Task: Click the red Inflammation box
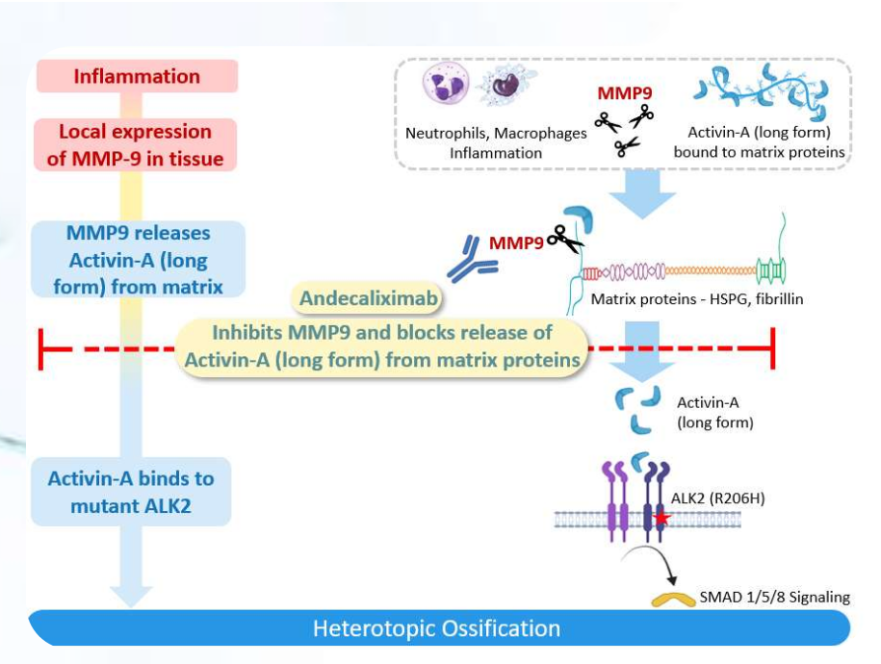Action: pyautogui.click(x=137, y=76)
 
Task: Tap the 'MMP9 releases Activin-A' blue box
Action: pyautogui.click(x=138, y=260)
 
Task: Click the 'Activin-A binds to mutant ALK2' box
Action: pyautogui.click(x=131, y=492)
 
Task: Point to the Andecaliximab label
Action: pyautogui.click(x=368, y=299)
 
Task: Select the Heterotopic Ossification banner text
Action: pyautogui.click(x=436, y=629)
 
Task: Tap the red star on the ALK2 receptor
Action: pyautogui.click(x=661, y=519)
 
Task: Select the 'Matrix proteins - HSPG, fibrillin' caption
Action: pyautogui.click(x=697, y=299)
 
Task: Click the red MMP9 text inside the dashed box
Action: pyautogui.click(x=624, y=93)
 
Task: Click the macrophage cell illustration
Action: pyautogui.click(x=503, y=88)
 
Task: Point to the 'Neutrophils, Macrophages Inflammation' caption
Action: pyautogui.click(x=496, y=142)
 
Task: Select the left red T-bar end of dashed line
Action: pyautogui.click(x=39, y=347)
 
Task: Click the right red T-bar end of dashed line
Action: pyautogui.click(x=773, y=347)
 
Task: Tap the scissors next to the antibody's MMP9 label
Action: pyautogui.click(x=566, y=240)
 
